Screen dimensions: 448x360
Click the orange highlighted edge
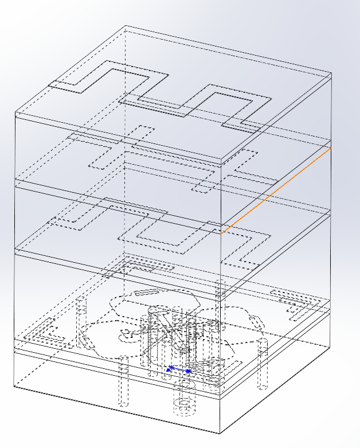(x=276, y=190)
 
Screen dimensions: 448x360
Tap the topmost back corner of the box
(x=126, y=26)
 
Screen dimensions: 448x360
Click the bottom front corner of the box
(x=221, y=434)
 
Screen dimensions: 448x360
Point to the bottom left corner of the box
(x=15, y=385)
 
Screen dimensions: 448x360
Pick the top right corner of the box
(x=331, y=73)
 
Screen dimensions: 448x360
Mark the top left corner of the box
(x=15, y=114)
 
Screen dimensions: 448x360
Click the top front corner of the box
(x=221, y=159)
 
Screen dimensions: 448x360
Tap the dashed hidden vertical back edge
(x=125, y=172)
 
